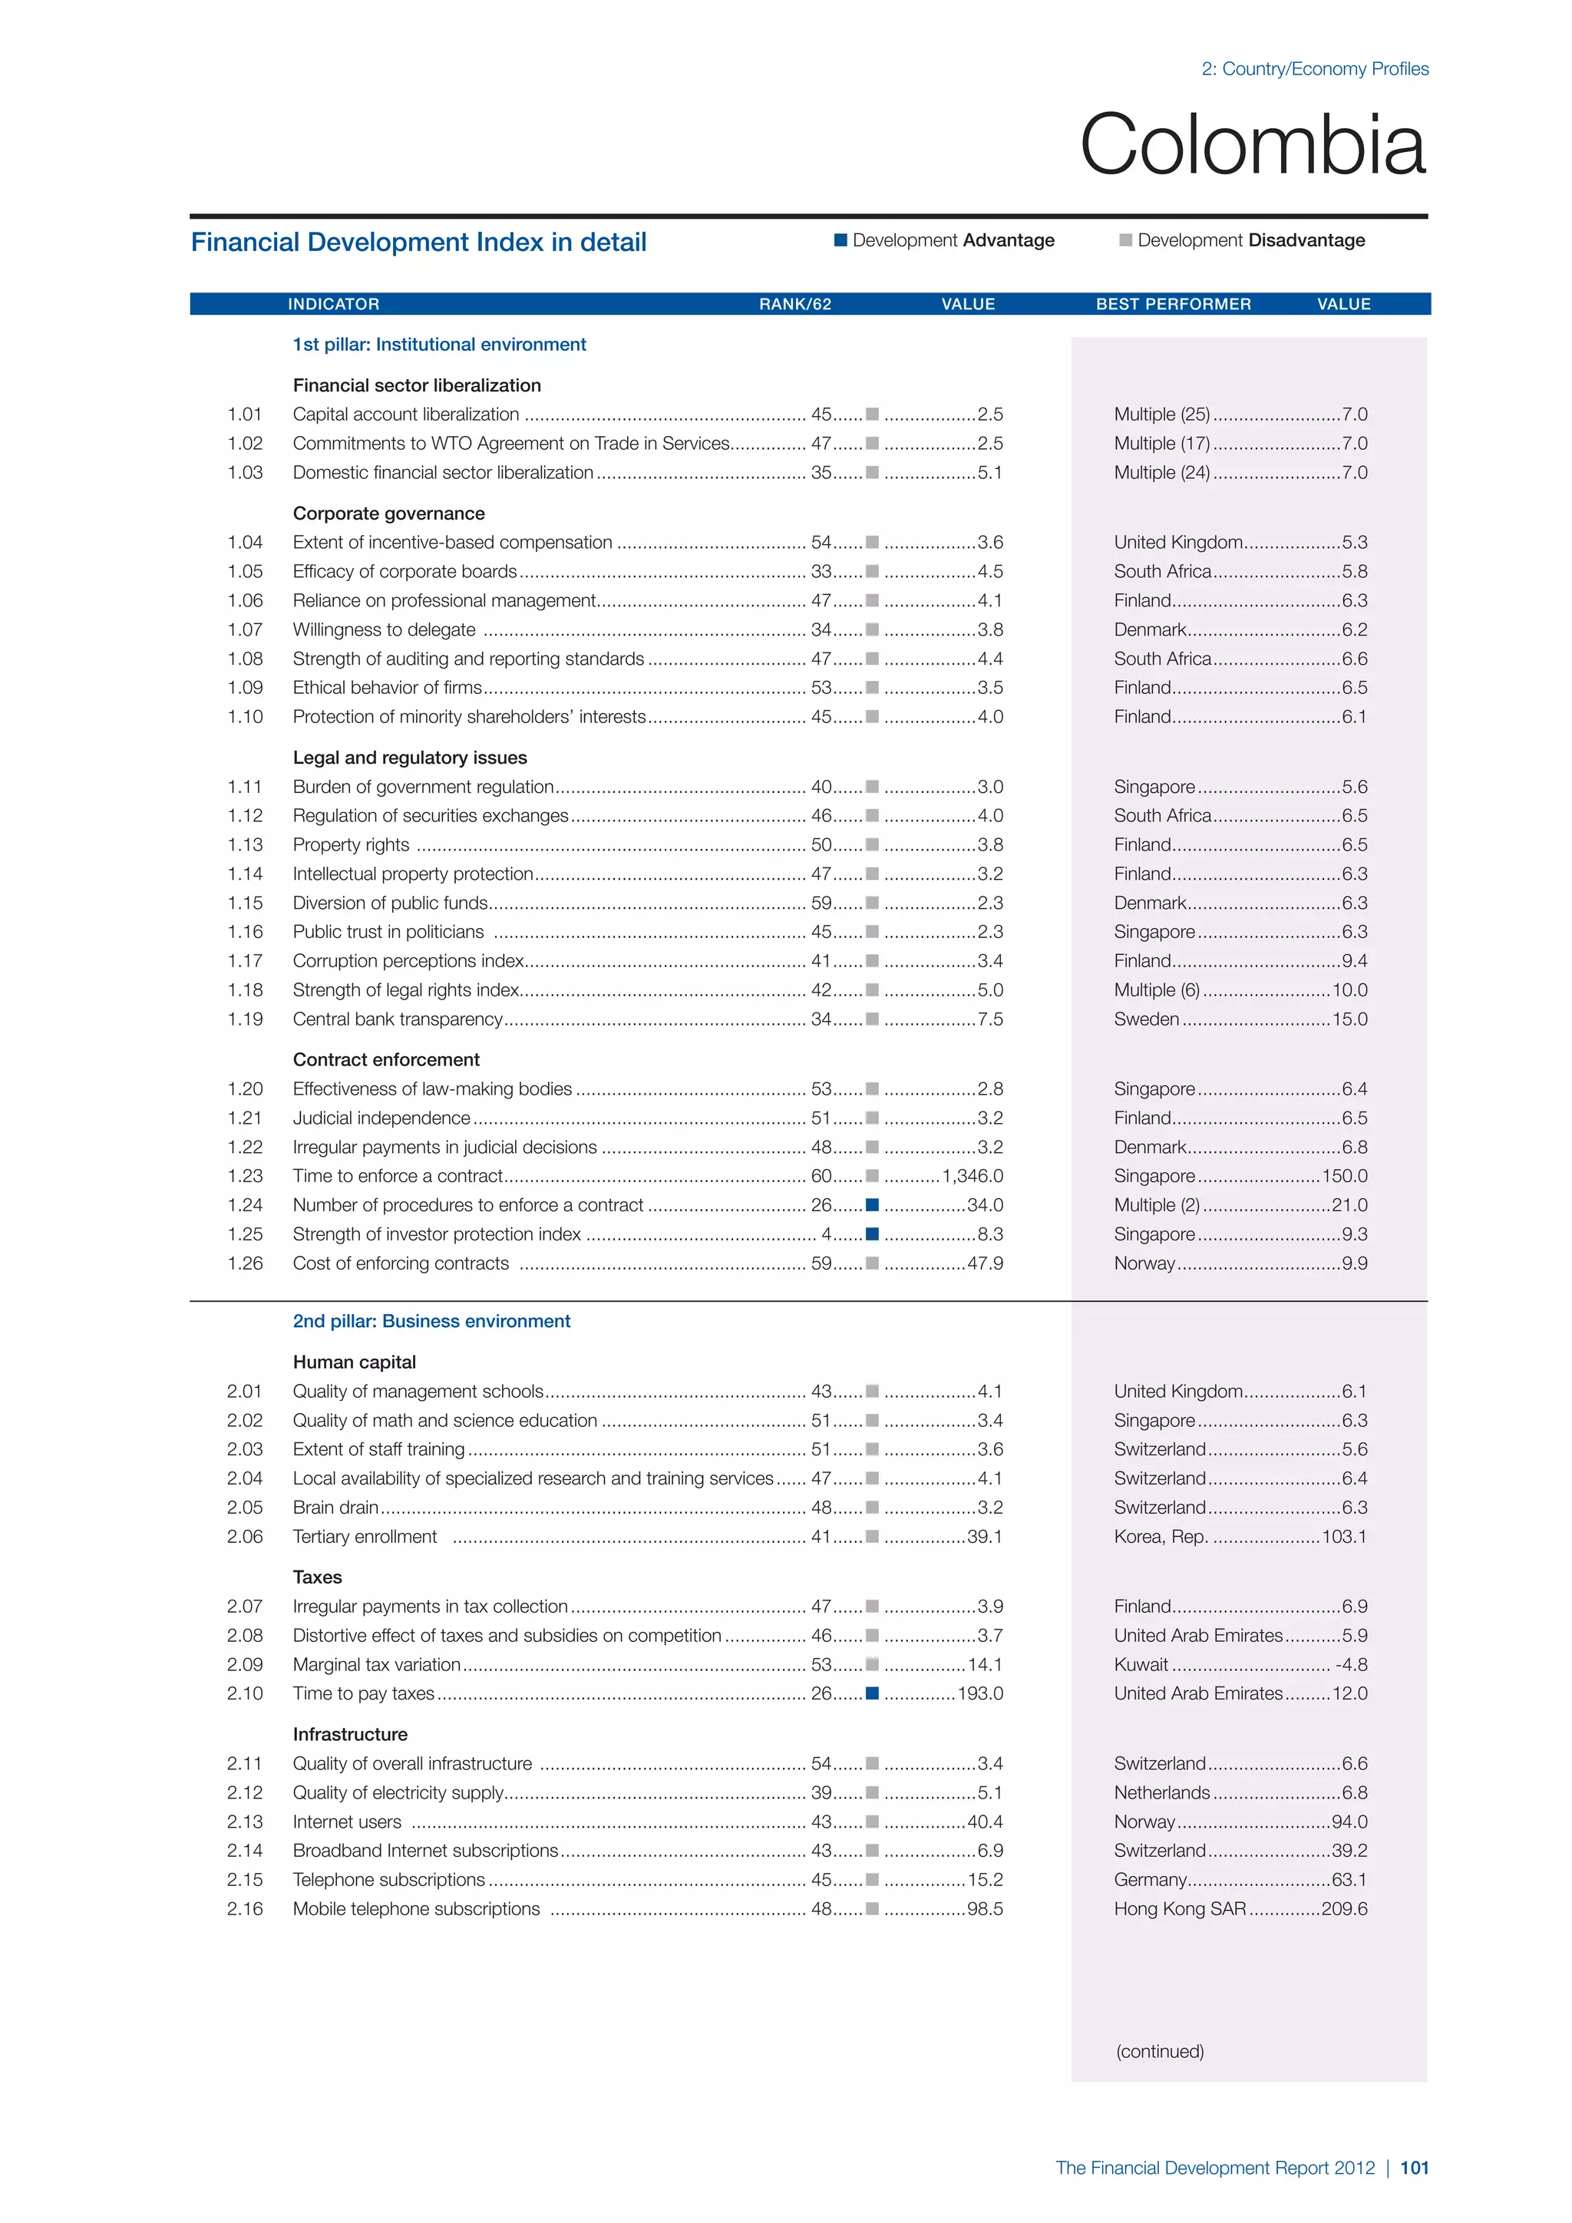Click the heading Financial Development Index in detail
pos(418,242)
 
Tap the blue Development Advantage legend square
pos(840,240)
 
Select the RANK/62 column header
pos(794,304)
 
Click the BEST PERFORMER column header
pos(1173,304)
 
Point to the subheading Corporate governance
pos(388,514)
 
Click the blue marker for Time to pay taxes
pos(872,1693)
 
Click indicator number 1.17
pos(245,960)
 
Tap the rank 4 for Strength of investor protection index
pos(826,1234)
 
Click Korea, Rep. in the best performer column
pos(1161,1537)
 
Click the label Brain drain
pos(335,1508)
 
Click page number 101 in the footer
pos(1414,2168)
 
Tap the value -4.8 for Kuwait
pos(1351,1664)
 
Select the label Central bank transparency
pos(397,1019)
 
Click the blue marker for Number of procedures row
pos(872,1204)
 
